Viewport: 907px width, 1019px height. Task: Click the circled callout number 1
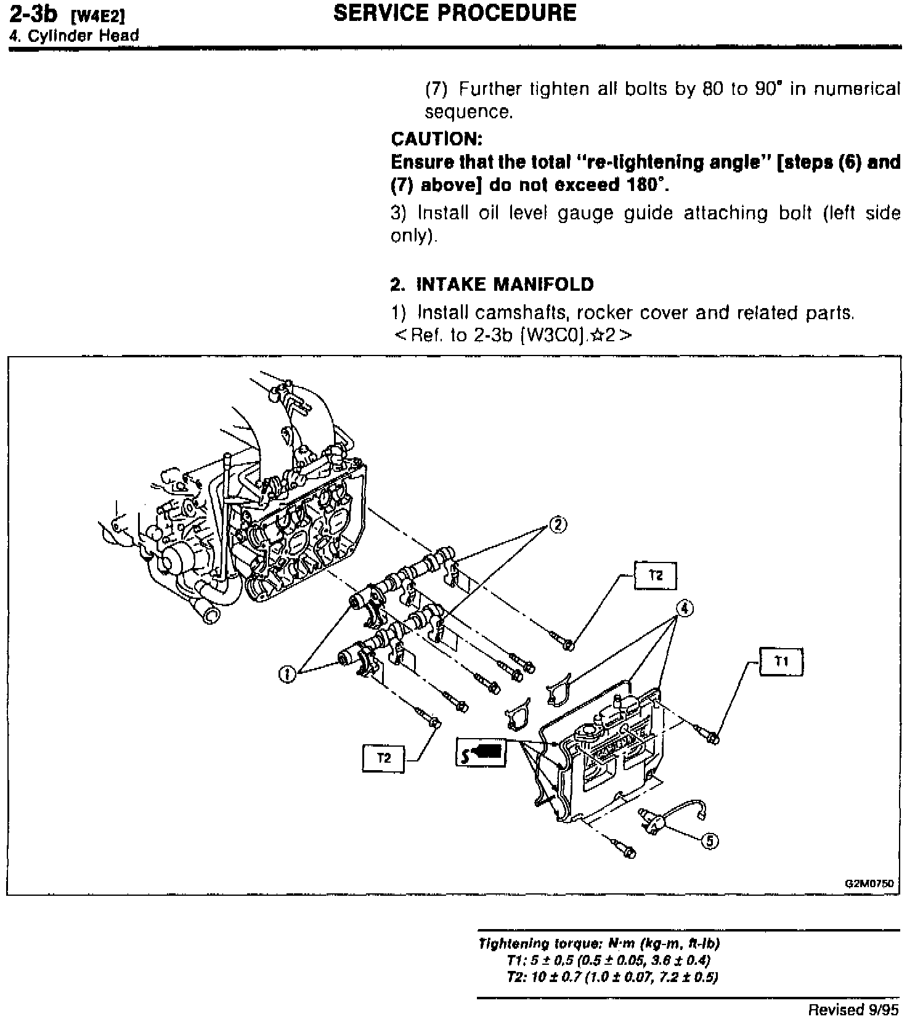point(286,675)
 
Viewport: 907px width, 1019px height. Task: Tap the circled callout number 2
point(557,525)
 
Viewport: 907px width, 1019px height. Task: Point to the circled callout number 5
point(710,841)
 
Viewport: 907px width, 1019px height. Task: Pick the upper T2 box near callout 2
point(656,575)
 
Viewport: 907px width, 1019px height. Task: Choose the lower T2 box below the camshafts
point(383,758)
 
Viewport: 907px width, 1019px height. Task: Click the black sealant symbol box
point(481,752)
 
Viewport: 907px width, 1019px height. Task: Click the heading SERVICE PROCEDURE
point(454,13)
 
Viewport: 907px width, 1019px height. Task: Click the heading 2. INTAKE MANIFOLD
point(492,284)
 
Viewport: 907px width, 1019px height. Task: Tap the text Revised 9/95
point(853,1009)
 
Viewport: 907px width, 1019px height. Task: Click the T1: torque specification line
point(608,960)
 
